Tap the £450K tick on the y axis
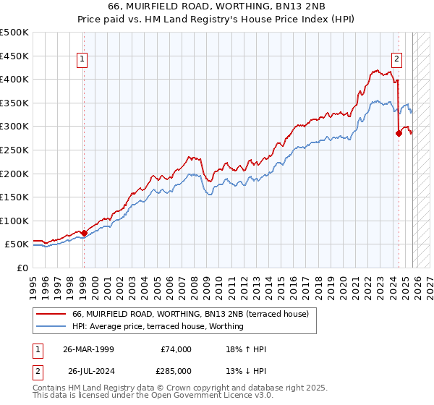tap(14, 56)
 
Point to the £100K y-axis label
tap(14, 221)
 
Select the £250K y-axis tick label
tap(14, 150)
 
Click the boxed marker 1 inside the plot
tap(83, 60)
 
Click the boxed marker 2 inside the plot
tap(397, 60)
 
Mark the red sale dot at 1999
tap(84, 233)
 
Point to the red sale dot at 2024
tap(399, 133)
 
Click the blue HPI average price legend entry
tap(158, 326)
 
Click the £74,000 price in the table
tap(176, 349)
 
